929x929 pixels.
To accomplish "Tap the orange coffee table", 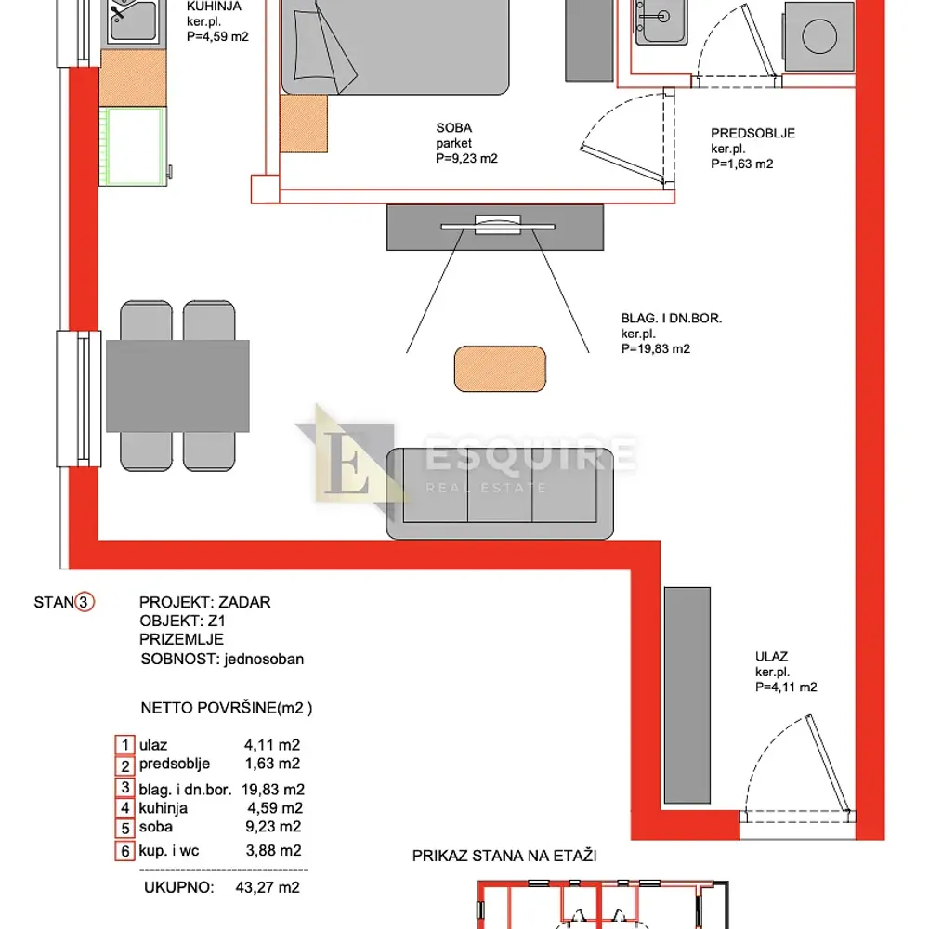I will tap(499, 369).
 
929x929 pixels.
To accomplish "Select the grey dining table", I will tap(177, 386).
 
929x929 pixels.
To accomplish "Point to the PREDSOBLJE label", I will tap(752, 133).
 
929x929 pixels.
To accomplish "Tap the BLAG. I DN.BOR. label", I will tap(671, 318).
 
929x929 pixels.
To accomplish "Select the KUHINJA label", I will tap(214, 7).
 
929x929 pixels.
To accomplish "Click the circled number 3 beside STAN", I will tap(85, 602).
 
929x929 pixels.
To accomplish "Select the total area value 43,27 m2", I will tap(269, 887).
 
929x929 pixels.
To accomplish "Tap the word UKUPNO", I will tap(178, 887).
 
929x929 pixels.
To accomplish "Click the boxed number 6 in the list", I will tap(124, 850).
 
